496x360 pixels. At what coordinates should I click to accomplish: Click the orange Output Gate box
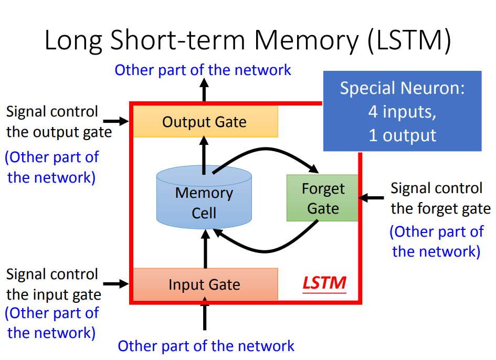[205, 122]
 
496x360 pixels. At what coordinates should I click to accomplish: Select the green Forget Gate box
[322, 198]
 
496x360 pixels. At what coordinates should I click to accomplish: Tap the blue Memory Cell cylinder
[204, 202]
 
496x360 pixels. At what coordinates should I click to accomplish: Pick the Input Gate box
[205, 284]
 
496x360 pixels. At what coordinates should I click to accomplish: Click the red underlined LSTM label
[324, 283]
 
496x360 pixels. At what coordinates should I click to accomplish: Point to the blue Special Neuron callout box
[402, 111]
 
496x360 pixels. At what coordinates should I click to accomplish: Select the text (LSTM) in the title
[409, 41]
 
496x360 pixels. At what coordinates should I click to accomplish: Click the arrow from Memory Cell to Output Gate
[205, 153]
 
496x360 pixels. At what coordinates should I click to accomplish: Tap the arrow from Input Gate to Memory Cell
[205, 251]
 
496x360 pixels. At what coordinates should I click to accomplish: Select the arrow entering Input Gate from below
[205, 315]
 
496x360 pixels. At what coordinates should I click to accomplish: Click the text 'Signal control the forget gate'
[440, 198]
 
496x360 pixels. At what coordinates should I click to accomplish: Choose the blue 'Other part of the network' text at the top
[203, 70]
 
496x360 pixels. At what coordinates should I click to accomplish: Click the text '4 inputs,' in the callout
[402, 111]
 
